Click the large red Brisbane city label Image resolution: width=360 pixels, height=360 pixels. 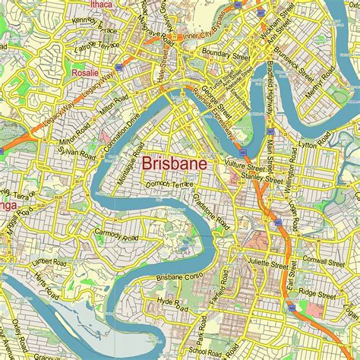tap(176, 163)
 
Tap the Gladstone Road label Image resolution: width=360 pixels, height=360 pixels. tap(213, 210)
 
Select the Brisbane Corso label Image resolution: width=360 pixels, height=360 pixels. tap(160, 277)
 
